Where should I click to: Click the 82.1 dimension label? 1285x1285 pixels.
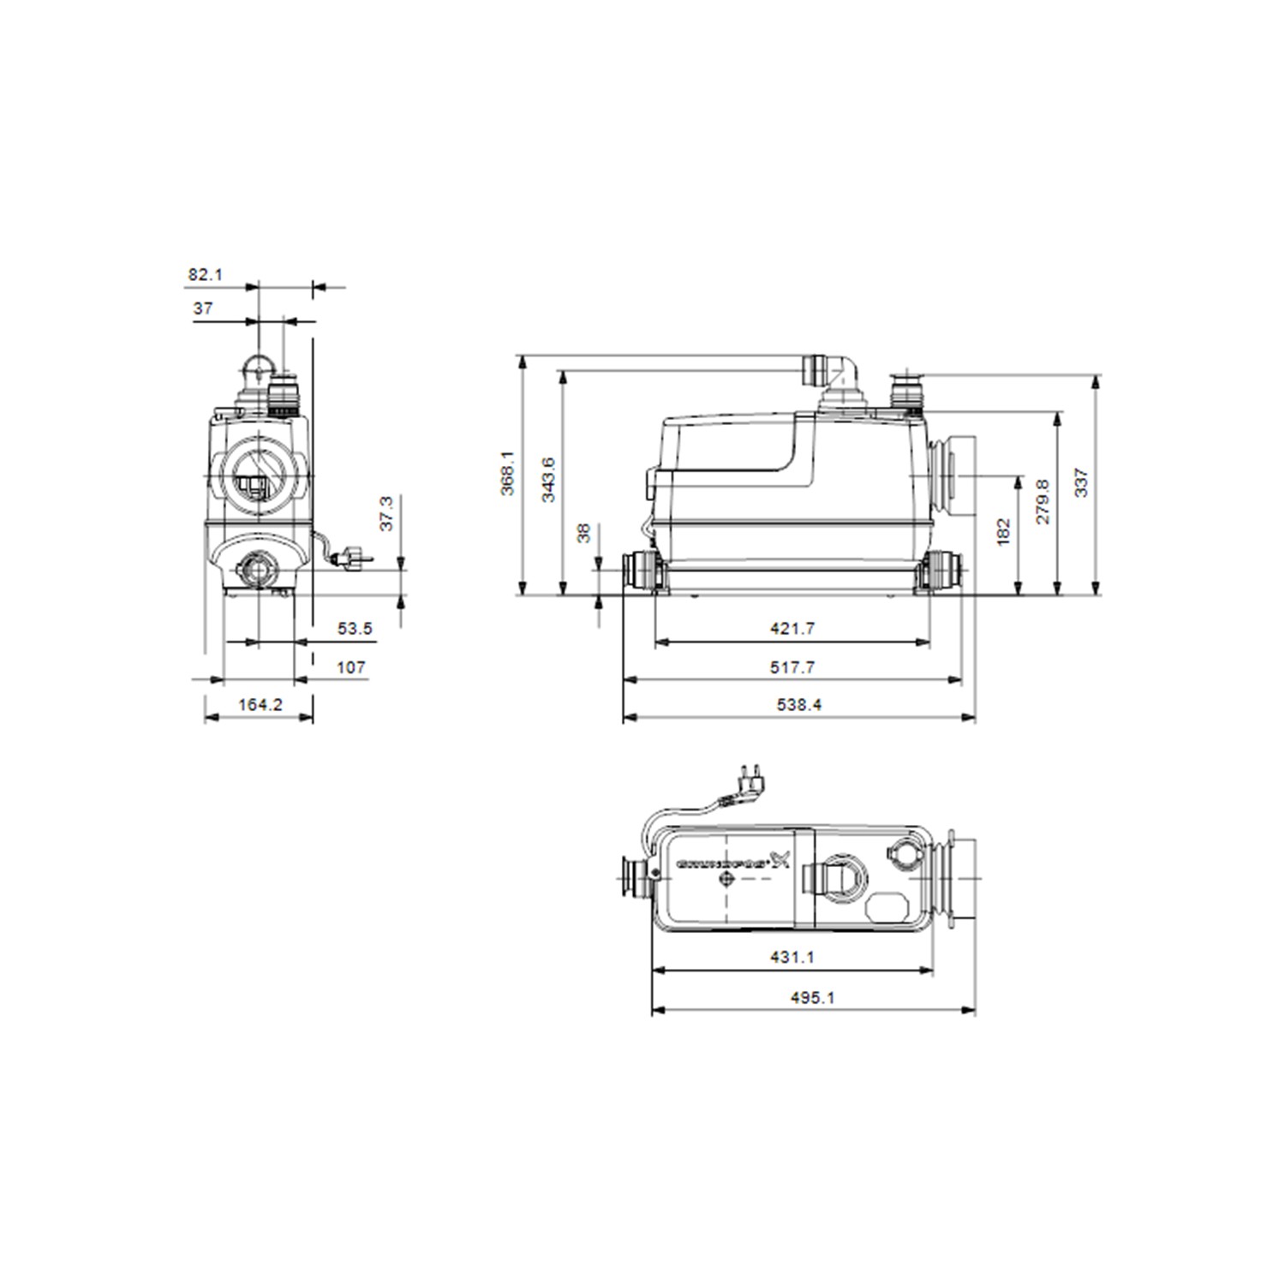(205, 274)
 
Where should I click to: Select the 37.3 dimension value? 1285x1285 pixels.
(386, 512)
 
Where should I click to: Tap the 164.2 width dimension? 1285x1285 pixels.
(260, 704)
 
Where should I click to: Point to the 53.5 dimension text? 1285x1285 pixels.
(355, 629)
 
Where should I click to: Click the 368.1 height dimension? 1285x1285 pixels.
(509, 472)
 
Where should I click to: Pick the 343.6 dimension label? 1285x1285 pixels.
(548, 479)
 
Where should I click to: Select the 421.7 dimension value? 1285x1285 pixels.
(792, 629)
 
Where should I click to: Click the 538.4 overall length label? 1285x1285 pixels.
(798, 704)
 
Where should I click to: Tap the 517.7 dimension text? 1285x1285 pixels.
(792, 666)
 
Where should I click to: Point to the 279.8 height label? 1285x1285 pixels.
(1043, 501)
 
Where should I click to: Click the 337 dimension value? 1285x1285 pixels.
(1081, 482)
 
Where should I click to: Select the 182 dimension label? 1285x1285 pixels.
(1004, 531)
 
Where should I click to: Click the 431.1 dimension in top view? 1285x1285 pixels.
(792, 957)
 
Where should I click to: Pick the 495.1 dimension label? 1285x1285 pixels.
(812, 997)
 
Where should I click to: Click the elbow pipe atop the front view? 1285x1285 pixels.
(835, 370)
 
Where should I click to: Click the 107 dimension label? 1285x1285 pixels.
(350, 666)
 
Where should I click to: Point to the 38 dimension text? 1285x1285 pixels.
(584, 533)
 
